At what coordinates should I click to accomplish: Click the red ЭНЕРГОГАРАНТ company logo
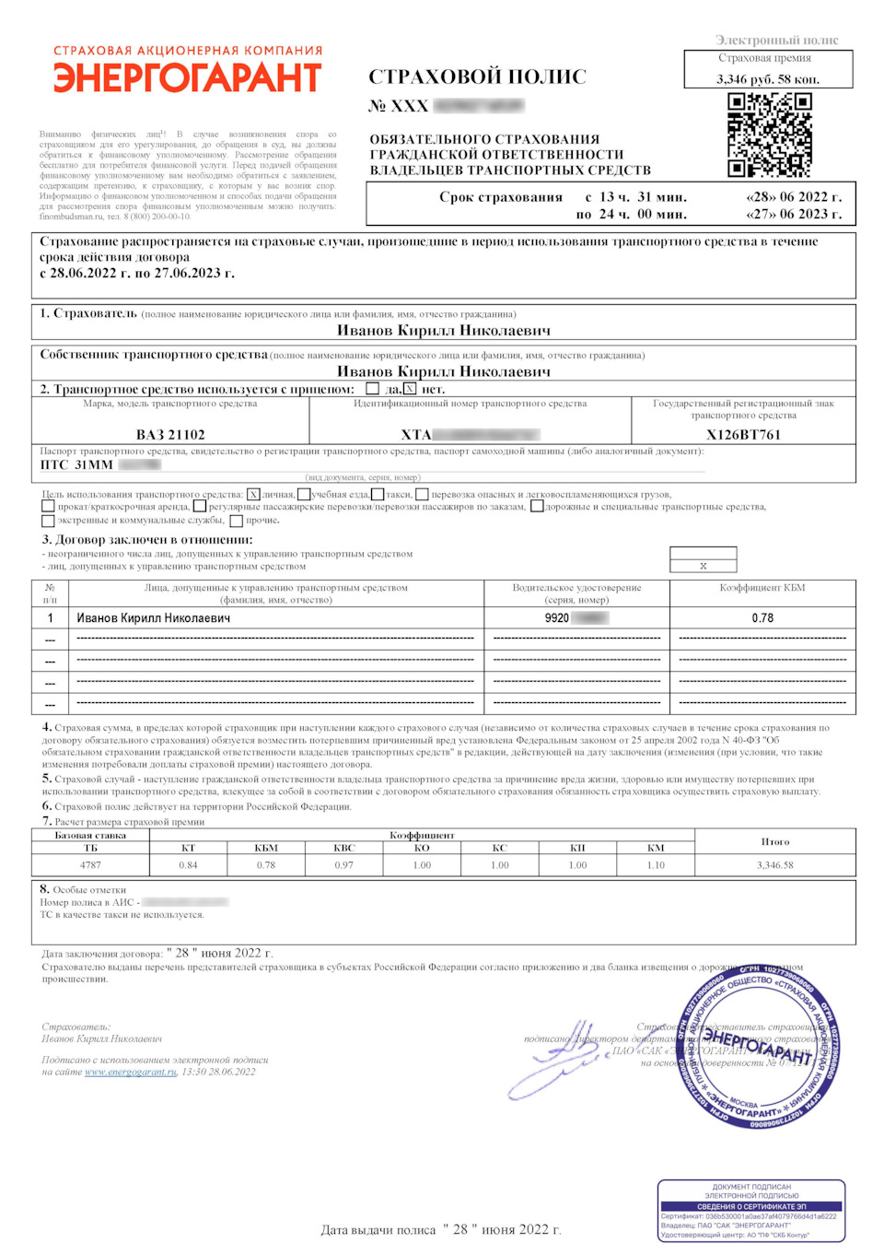tap(188, 77)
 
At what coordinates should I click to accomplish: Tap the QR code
tap(770, 135)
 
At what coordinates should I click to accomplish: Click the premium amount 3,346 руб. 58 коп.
tap(768, 79)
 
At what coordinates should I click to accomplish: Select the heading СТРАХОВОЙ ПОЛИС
tap(477, 76)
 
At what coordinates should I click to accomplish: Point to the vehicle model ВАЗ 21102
tap(170, 435)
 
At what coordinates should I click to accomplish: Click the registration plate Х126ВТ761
tap(743, 435)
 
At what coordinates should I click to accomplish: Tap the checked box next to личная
tap(254, 495)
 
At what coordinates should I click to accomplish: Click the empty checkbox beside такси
tap(378, 495)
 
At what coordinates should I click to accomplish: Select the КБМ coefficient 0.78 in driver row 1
tap(762, 618)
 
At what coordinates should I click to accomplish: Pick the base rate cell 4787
tap(90, 865)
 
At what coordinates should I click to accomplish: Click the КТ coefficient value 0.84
tap(188, 865)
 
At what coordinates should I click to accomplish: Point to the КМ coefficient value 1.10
tap(656, 865)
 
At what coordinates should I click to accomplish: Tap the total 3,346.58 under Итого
tap(775, 865)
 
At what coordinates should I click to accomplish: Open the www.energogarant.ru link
tap(131, 1072)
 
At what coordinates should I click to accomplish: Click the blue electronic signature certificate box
tap(751, 1210)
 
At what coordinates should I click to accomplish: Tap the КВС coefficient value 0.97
tap(343, 865)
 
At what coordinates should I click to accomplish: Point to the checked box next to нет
tap(410, 389)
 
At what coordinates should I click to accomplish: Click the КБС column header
tap(343, 848)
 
